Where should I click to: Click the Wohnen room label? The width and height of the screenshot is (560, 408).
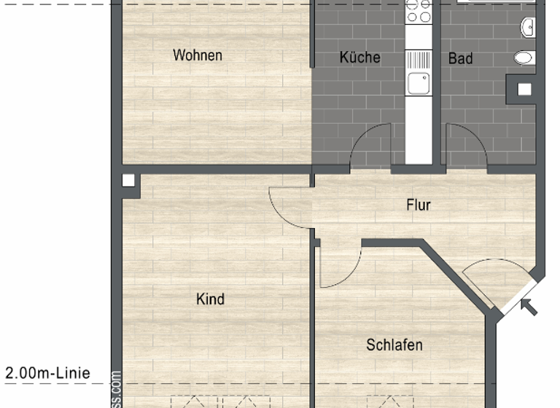coord(197,55)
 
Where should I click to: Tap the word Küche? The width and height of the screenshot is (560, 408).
coord(359,58)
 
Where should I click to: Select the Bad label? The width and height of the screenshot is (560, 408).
coord(460,58)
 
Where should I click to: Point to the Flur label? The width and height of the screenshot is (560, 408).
coord(419,205)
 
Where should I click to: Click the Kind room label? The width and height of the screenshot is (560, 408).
coord(210,299)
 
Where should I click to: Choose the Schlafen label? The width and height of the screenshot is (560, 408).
coord(394,345)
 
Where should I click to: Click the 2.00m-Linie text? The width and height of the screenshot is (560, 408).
coord(48,374)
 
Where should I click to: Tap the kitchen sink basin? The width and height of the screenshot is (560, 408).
coord(419,84)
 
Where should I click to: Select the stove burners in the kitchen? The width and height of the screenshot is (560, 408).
coord(419,11)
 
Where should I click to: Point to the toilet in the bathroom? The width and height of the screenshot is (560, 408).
coord(524,57)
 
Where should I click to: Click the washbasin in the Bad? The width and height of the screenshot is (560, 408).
coord(529,28)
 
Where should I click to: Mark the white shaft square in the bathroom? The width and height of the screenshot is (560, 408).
coord(524,90)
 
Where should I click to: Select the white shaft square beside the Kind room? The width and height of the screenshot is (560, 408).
coord(129,181)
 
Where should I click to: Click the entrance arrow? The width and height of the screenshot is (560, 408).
coord(530,307)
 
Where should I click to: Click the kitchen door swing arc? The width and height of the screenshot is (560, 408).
coord(370,146)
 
